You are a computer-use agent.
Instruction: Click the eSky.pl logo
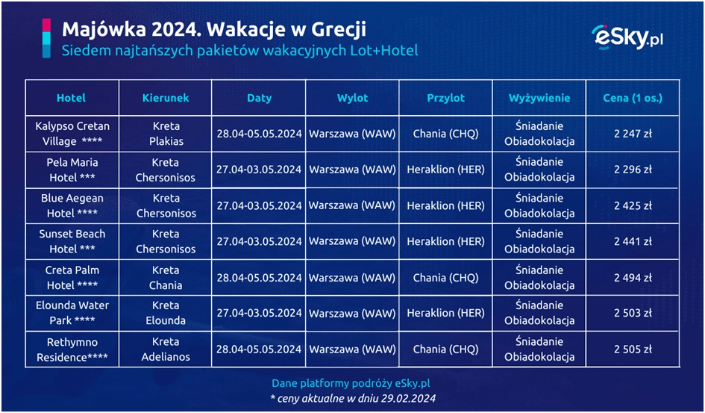627,37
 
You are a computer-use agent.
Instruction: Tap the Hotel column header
71,98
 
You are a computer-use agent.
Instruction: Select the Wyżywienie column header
539,98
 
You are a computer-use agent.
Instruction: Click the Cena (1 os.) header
633,98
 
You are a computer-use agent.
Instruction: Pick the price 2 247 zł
633,134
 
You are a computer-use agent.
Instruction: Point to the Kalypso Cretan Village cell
72,134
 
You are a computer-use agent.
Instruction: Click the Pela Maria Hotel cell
72,170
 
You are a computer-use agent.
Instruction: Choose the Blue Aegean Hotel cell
72,205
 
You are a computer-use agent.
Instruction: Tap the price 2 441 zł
633,241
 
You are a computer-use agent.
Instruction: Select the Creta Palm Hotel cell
72,278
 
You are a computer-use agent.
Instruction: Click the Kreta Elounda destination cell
166,313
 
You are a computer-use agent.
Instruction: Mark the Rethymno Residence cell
72,350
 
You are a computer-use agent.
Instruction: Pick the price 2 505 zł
633,349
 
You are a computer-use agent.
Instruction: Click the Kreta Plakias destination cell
166,134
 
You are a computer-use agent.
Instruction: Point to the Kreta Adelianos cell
166,349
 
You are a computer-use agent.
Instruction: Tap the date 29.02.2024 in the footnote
408,398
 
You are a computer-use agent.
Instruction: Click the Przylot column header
445,98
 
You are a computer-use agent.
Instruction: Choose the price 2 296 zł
633,170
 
